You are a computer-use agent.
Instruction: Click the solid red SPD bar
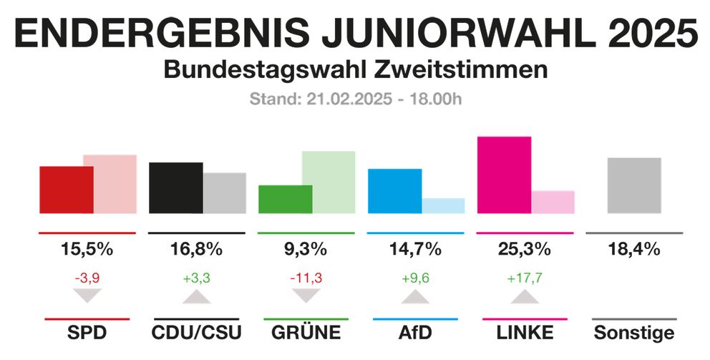click(x=66, y=189)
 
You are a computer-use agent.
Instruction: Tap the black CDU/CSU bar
click(x=175, y=188)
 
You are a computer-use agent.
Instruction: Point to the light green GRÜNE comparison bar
click(x=329, y=182)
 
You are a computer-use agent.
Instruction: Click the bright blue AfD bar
click(x=394, y=190)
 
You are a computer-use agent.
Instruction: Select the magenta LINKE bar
click(x=504, y=174)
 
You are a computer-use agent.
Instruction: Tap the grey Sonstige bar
click(x=633, y=185)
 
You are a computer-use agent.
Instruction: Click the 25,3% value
click(x=525, y=250)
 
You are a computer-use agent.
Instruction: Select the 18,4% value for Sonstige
click(x=634, y=250)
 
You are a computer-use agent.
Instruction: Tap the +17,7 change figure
click(x=525, y=277)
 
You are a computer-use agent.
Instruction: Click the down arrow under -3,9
click(x=87, y=296)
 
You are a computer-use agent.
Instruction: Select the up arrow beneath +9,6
click(x=415, y=296)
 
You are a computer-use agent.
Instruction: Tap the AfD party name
click(x=415, y=333)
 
